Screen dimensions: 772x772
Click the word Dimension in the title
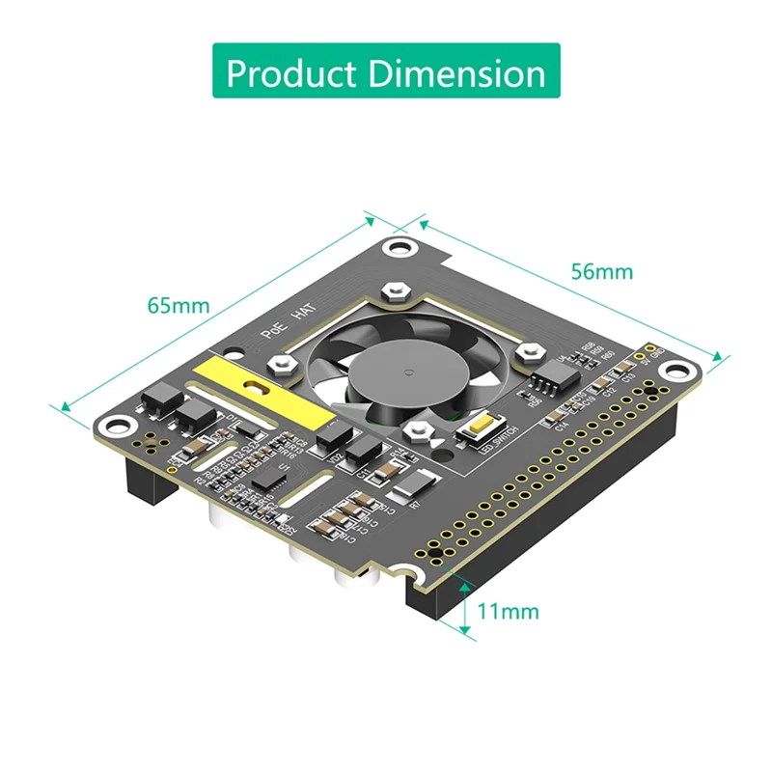coord(457,73)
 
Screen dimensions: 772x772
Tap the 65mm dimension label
coord(178,306)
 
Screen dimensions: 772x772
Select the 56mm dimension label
coord(601,271)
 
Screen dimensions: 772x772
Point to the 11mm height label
coord(508,611)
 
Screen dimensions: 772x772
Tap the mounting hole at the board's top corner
coord(397,247)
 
